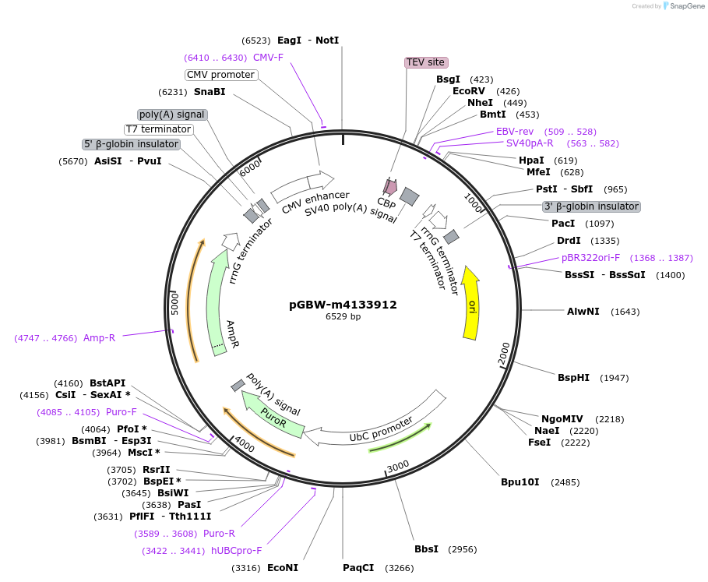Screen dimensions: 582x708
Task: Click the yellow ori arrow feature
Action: [470, 304]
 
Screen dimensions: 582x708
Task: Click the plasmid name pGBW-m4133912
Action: [343, 305]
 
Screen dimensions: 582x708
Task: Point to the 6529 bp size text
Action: [343, 317]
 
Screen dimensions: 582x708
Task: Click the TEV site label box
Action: [426, 62]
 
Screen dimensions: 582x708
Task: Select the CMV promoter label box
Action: [221, 75]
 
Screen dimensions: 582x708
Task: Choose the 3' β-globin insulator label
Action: [591, 206]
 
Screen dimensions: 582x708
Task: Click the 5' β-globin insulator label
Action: [132, 144]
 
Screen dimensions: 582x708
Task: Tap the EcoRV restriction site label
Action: [469, 91]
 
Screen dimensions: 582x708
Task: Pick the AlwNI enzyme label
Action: [583, 312]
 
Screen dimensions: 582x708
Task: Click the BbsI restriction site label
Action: [426, 549]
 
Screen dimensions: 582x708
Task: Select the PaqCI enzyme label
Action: [358, 567]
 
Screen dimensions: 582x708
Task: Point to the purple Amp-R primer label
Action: [99, 338]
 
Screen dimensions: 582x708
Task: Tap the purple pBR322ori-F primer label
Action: [590, 258]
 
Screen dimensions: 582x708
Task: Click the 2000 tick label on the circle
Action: [504, 352]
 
